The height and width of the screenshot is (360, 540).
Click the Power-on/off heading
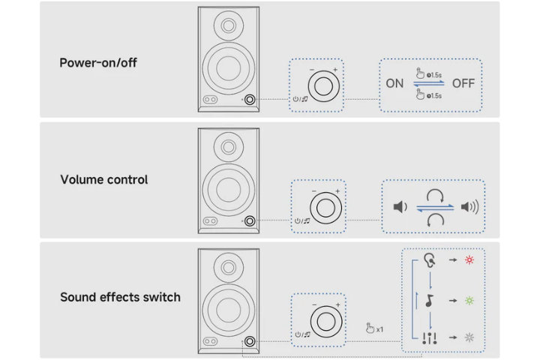point(98,63)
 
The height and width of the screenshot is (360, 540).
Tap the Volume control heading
point(104,179)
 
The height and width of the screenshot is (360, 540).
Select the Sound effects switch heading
point(120,297)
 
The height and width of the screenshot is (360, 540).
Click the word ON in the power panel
point(394,83)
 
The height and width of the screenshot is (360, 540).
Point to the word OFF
point(463,83)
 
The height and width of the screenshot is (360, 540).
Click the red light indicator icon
point(469,259)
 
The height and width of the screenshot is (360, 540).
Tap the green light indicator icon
point(469,301)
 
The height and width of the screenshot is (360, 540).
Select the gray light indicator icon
point(469,337)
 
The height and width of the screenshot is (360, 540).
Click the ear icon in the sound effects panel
point(430,260)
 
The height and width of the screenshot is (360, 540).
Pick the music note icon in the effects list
point(429,301)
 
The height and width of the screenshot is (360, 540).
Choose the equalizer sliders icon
point(430,338)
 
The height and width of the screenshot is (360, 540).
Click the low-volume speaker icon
point(400,207)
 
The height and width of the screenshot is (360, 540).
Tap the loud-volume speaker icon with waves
point(469,207)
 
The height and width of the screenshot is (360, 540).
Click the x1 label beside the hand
point(379,330)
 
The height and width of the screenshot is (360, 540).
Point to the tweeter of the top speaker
point(228,25)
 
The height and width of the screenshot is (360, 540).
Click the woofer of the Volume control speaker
point(228,190)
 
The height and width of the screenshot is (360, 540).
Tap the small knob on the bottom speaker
point(250,341)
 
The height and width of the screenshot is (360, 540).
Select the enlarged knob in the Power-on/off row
point(324,86)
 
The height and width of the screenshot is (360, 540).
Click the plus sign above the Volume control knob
point(337,191)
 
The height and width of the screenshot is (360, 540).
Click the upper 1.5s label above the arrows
point(434,75)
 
